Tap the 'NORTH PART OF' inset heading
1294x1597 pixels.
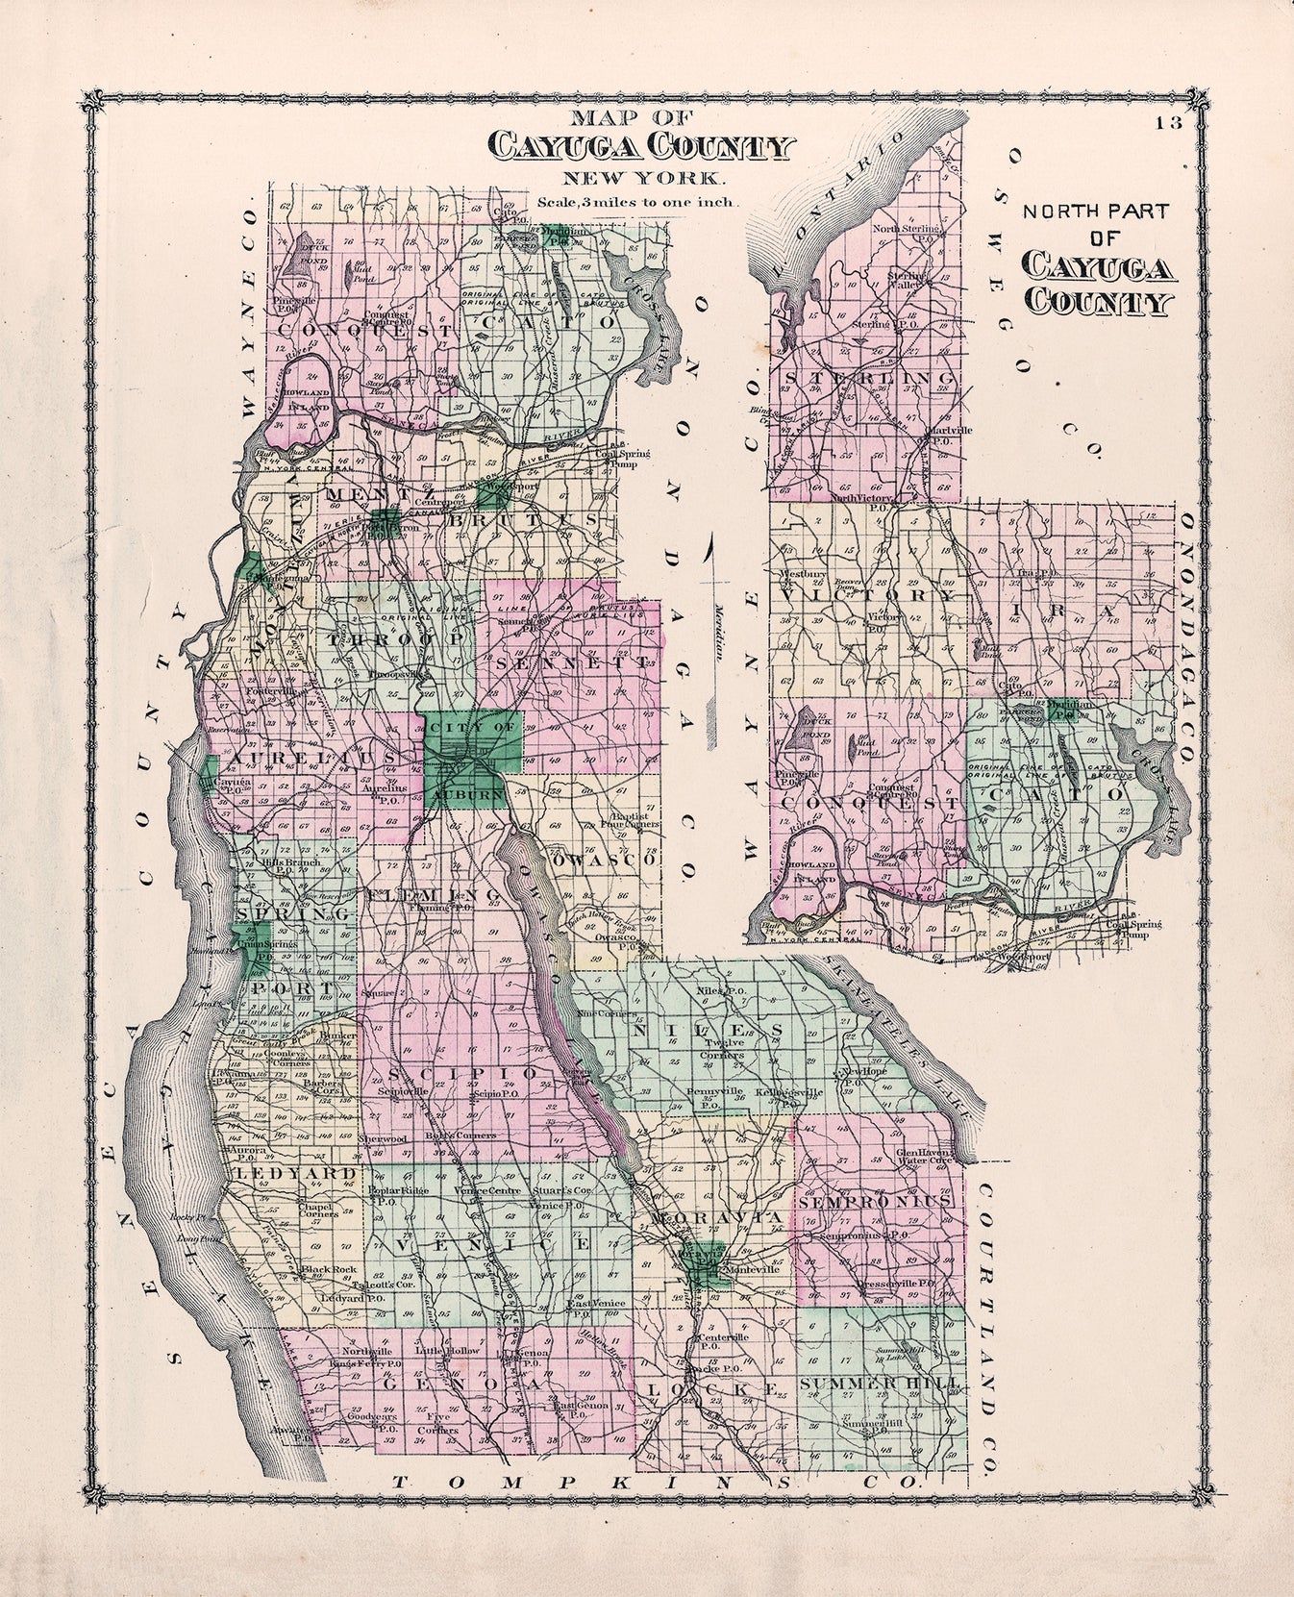point(1095,225)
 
